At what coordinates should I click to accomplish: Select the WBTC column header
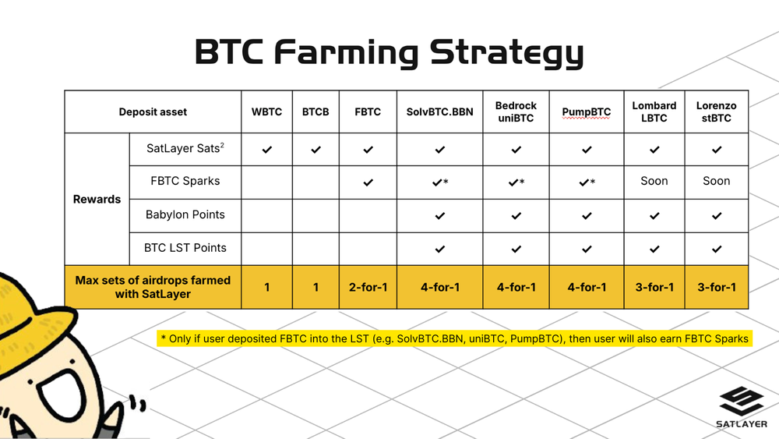[266, 112]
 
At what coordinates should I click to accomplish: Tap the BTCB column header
[315, 112]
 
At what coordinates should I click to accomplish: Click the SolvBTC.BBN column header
[439, 112]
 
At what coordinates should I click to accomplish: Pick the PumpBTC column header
[587, 112]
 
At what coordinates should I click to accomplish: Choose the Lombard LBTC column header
[654, 112]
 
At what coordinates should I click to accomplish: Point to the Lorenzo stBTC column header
[716, 112]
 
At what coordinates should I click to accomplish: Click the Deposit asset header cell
[153, 112]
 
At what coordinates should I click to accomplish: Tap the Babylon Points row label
[185, 214]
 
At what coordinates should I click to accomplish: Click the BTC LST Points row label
[185, 248]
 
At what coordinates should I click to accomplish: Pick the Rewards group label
[97, 199]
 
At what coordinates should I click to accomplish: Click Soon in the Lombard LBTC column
[654, 181]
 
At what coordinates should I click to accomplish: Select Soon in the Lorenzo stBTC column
[716, 181]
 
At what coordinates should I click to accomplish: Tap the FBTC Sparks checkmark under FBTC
[368, 182]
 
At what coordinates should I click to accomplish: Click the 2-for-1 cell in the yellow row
[368, 287]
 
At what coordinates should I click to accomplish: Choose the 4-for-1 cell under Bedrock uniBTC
[516, 287]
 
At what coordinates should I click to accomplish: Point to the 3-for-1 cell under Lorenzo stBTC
[716, 287]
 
